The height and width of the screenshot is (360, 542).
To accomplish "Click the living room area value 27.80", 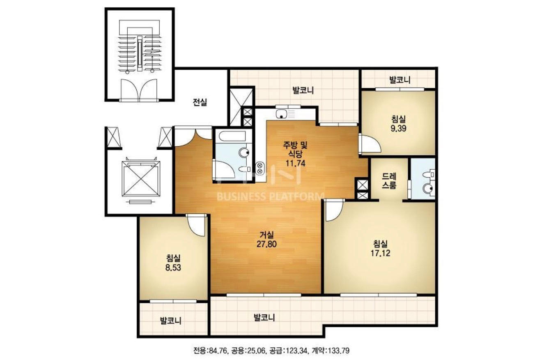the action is pos(266,244).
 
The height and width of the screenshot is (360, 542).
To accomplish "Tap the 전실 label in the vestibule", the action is pos(200,102).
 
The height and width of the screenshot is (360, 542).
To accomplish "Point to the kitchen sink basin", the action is pos(281,114).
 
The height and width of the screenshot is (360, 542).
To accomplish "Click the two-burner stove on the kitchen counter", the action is pos(260,168).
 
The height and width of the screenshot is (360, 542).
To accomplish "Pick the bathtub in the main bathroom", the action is pos(232,136).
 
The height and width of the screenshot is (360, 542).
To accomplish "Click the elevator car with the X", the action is pos(141,179).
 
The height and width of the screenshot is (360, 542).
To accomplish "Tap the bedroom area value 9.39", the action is pos(399,128).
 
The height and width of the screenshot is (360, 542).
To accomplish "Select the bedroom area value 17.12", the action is pos(380,253).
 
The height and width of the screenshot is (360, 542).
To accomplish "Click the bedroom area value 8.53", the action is pos(173,268).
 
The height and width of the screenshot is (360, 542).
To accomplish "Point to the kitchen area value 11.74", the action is pos(296,163).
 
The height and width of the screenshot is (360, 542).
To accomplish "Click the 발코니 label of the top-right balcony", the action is pos(400,80).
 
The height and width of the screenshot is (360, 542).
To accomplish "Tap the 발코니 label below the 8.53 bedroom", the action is pos(170,321).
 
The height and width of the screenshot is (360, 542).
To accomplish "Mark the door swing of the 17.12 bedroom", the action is pos(335,210).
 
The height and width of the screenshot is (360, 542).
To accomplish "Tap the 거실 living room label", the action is pos(266,235).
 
